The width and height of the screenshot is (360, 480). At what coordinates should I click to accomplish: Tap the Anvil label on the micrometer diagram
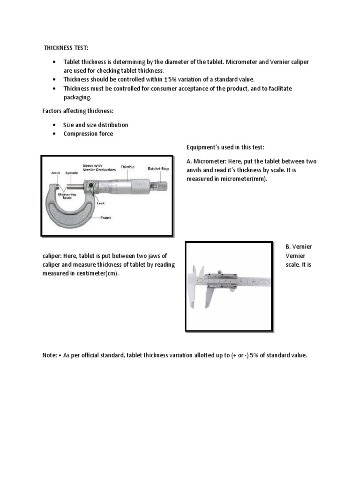pos(55,172)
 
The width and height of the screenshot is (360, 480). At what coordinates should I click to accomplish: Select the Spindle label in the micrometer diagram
pos(72,172)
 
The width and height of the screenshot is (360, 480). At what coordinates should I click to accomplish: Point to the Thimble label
pos(127,167)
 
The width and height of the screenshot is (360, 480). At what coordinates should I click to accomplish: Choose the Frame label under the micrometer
pos(105,218)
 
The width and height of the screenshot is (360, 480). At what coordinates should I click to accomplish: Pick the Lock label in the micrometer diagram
pos(100,203)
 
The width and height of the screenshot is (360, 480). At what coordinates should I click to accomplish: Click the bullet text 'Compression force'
pos(88,134)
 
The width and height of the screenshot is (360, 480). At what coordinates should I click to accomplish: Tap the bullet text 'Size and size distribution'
pos(96,125)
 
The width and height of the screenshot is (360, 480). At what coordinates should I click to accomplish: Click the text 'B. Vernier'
pos(299,247)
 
